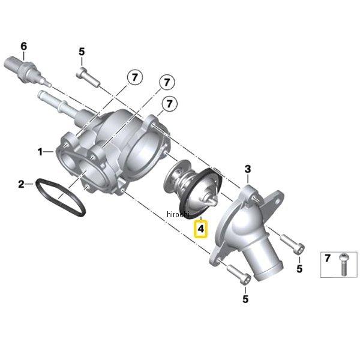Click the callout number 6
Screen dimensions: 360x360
point(23,47)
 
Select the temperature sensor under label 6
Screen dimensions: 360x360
point(28,70)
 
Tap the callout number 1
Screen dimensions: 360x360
point(40,152)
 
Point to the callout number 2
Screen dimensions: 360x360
point(21,184)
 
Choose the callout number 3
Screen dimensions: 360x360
point(248,169)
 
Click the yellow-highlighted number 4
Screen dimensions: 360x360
point(201,229)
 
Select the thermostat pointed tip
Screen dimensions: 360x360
point(214,203)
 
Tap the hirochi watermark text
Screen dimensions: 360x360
point(178,215)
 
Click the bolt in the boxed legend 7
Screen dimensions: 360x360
point(343,264)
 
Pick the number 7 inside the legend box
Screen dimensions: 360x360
point(328,258)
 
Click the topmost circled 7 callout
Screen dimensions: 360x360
point(134,77)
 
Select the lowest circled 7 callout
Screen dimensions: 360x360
point(169,104)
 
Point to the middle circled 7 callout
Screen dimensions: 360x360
point(167,82)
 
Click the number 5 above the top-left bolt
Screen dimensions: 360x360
point(82,52)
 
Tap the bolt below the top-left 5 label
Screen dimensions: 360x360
point(88,77)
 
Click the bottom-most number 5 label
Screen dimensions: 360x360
point(245,299)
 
